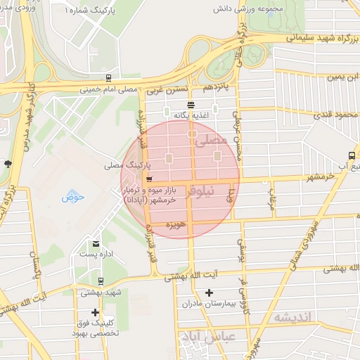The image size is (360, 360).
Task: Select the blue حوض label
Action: click(x=72, y=197)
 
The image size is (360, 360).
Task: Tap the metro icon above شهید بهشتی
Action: click(x=101, y=280)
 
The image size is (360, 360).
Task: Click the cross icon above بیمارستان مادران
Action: click(x=208, y=292)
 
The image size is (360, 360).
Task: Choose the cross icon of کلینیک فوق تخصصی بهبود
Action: click(x=95, y=312)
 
